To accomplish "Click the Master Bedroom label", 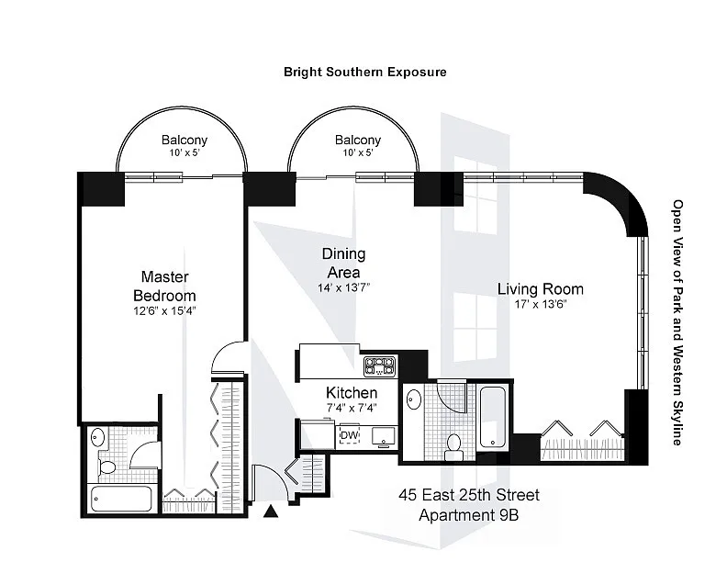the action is point(164,287).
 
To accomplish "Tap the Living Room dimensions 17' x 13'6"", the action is point(540,305).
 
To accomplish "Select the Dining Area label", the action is point(343,263).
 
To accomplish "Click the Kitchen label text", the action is point(352,393).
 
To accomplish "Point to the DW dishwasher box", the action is point(350,435).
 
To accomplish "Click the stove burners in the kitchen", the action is point(380,365).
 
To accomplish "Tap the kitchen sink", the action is point(383,436).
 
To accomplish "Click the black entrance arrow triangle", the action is point(271,511).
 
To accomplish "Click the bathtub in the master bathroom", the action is point(121,499).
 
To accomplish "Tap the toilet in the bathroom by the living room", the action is point(452,447).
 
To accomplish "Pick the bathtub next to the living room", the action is point(492,416).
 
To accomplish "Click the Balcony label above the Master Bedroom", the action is point(185,140).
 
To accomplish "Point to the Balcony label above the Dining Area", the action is point(358,140).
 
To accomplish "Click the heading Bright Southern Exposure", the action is point(365,72).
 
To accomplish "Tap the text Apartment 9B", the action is point(468,514).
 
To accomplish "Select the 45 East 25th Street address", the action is point(469,495).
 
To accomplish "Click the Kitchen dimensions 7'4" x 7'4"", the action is point(352,408).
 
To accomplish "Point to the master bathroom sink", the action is point(98,438).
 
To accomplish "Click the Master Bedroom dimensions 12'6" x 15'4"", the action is point(164,310).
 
